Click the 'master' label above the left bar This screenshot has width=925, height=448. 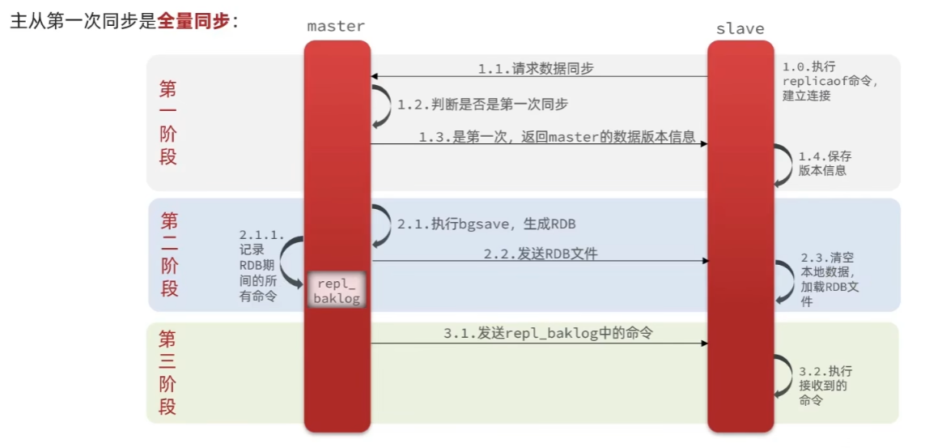336,26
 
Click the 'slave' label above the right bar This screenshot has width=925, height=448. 740,28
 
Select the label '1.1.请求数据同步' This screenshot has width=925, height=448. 535,69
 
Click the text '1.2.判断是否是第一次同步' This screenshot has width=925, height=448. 483,105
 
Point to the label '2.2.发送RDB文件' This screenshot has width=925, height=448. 540,254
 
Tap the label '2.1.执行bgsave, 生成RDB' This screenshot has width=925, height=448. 486,224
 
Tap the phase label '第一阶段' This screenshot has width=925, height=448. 168,122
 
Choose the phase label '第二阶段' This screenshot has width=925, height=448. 169,254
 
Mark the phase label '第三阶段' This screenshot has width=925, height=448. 168,372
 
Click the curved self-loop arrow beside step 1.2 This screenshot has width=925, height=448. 381,105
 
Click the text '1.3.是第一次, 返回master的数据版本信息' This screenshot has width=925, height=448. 557,137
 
